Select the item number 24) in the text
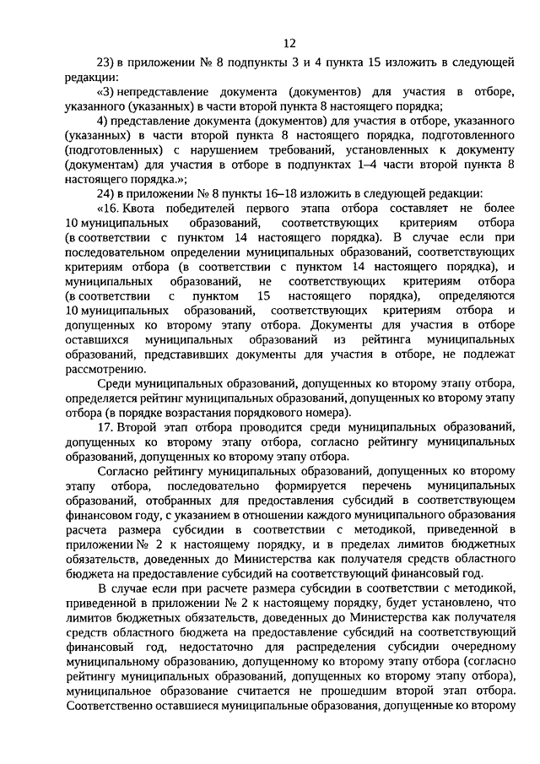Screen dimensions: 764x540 [x=107, y=192]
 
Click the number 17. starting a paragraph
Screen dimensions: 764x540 [x=106, y=428]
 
